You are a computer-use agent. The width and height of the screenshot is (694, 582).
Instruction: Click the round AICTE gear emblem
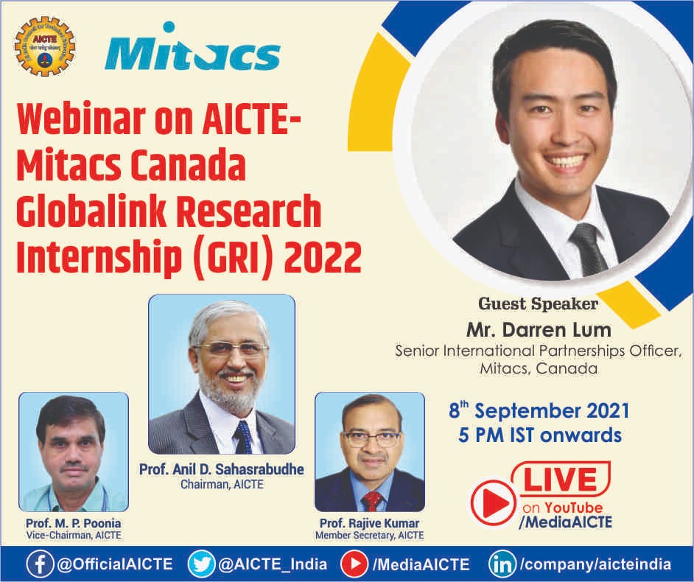pos(45,46)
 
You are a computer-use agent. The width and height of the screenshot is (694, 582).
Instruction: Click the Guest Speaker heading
pos(539,304)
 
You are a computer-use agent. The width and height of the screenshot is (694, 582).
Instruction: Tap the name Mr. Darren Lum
pos(539,330)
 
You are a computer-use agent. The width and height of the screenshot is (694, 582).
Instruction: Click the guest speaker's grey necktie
pos(589,249)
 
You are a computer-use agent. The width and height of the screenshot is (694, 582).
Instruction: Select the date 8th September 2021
pos(539,410)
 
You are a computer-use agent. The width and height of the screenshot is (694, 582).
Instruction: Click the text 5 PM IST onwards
pos(540,435)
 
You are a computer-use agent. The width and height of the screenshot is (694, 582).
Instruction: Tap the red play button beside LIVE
pos(494,502)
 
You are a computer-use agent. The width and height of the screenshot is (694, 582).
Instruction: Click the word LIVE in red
pos(561,480)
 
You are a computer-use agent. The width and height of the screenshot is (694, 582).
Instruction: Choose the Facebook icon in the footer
pos(41,564)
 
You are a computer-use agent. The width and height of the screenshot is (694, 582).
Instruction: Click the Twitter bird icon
pos(201,564)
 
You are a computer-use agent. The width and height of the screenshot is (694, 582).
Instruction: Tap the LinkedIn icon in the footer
pos(502,564)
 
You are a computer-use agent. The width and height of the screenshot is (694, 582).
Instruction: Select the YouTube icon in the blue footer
pos(354,564)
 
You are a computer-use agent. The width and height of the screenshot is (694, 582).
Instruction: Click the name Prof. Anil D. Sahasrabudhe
pos(222,469)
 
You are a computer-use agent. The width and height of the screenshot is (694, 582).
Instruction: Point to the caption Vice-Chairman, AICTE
pos(74,535)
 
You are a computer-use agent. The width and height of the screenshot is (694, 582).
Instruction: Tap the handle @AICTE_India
pos(273,564)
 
